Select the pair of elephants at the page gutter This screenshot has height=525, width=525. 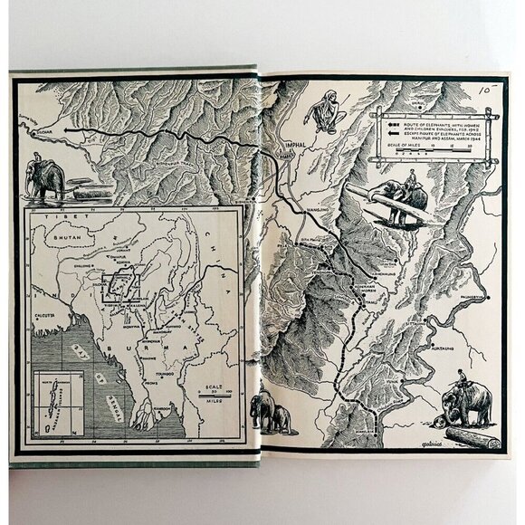(x=270, y=411)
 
